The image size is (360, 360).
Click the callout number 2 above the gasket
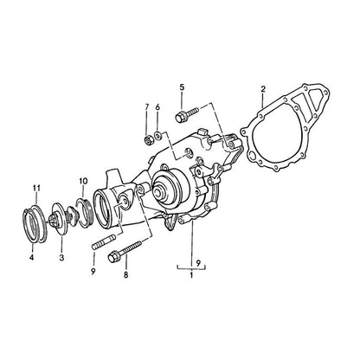tap(263, 89)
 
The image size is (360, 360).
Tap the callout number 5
tap(182, 87)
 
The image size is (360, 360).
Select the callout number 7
tap(146, 107)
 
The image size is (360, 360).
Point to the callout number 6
tap(157, 107)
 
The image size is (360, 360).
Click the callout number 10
tap(83, 181)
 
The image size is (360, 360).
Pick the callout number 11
tap(36, 189)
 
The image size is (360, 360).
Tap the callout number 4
tap(31, 257)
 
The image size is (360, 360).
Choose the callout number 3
tap(61, 257)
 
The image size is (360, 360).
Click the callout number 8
tap(125, 275)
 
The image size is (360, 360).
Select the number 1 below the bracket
tap(191, 275)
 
